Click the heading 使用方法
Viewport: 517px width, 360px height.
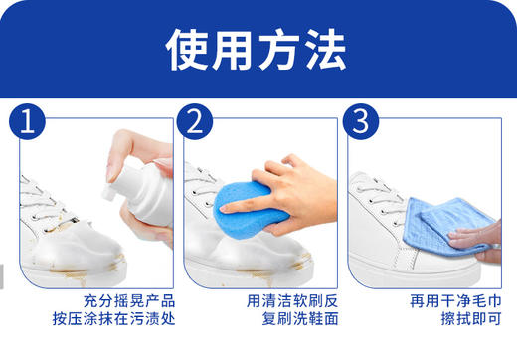(x=257, y=46)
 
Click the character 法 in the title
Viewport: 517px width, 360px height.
(x=323, y=46)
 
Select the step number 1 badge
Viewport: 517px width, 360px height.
(x=29, y=123)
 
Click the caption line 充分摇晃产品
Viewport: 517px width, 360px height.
(x=115, y=300)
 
